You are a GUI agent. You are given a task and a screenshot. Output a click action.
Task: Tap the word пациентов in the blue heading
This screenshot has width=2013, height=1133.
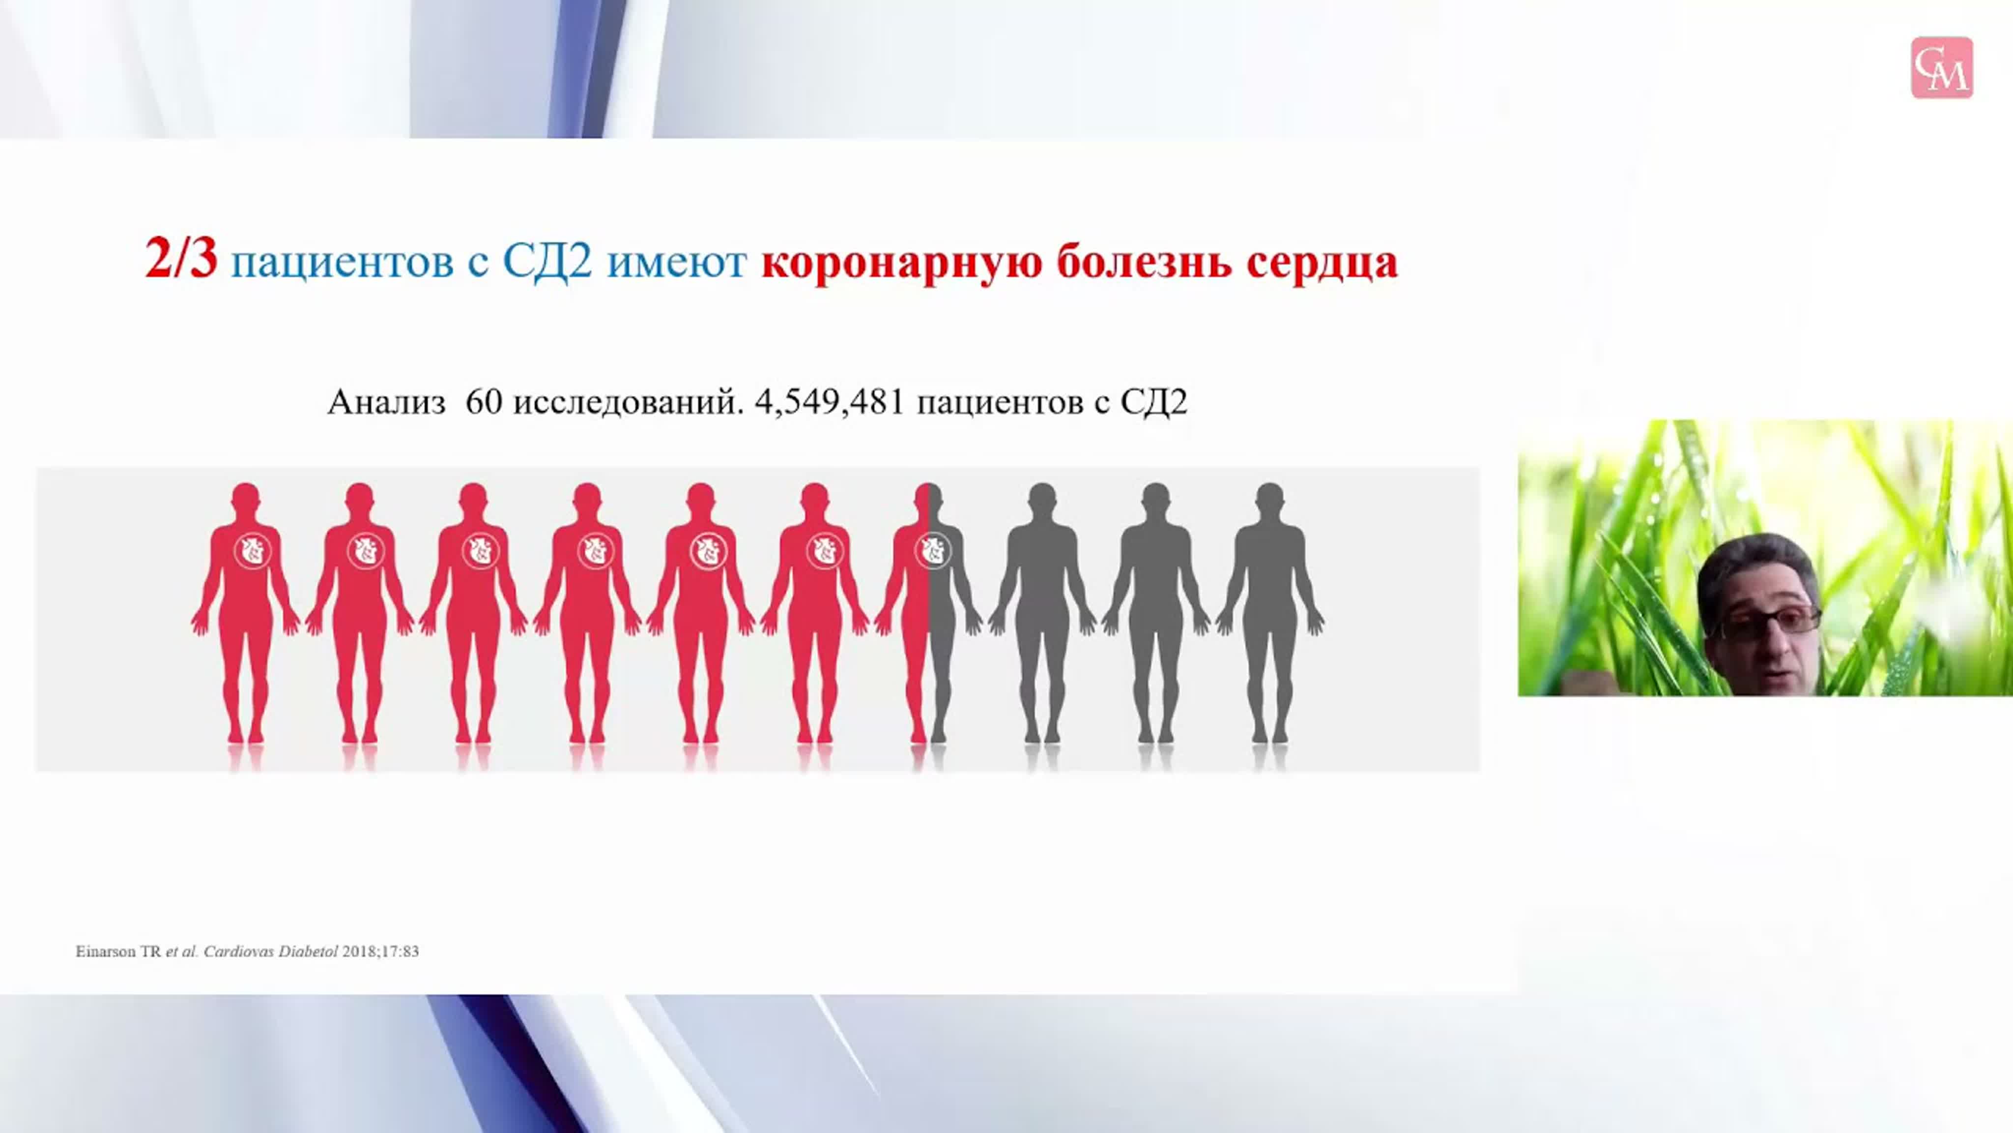[342, 262]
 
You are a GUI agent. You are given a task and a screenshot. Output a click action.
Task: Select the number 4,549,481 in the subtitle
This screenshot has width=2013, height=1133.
[830, 403]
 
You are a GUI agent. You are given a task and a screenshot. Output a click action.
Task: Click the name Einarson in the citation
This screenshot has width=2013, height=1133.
[106, 952]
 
